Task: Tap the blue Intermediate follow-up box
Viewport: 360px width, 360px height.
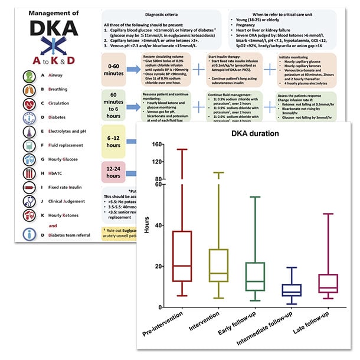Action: (292, 290)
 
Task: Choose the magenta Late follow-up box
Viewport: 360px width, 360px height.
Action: (328, 283)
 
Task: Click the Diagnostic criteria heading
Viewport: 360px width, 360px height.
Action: (153, 13)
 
